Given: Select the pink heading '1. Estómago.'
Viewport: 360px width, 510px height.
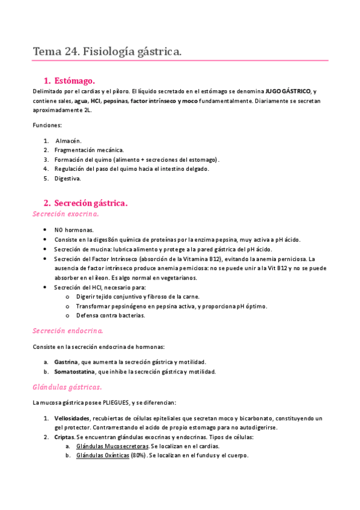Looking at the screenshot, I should [70, 81].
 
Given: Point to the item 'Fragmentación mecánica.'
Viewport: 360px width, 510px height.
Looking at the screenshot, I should [89, 150].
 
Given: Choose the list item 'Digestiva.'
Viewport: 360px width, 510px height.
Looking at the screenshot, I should [67, 179].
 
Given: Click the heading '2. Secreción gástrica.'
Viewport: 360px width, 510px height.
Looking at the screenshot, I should [86, 203].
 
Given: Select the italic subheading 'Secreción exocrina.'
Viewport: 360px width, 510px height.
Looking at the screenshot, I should [66, 214].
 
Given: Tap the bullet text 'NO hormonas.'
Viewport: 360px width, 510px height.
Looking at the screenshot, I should [73, 230].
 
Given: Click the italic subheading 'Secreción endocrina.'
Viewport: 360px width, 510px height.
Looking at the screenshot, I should [67, 331].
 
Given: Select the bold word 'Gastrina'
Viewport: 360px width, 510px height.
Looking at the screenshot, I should [66, 362].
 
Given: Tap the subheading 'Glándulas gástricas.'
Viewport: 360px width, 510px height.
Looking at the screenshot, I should [67, 387].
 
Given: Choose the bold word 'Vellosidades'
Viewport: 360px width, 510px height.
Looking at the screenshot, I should [72, 418].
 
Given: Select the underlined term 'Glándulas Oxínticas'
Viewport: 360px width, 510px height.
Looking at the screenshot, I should [102, 456].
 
